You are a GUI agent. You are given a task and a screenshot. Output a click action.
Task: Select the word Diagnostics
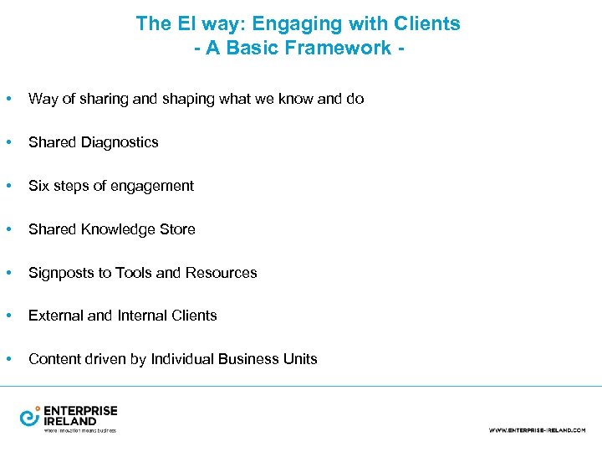119,142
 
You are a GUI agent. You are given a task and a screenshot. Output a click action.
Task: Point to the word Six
38,186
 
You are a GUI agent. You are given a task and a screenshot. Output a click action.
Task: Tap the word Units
299,359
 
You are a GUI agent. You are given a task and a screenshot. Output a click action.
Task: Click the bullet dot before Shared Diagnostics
8,142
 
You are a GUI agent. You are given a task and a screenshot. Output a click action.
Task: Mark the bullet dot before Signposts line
8,273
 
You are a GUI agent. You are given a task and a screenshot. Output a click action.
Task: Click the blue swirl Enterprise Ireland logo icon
30,416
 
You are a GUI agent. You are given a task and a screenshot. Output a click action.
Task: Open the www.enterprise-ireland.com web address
537,430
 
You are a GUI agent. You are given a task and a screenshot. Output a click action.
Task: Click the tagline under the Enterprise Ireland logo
79,430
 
